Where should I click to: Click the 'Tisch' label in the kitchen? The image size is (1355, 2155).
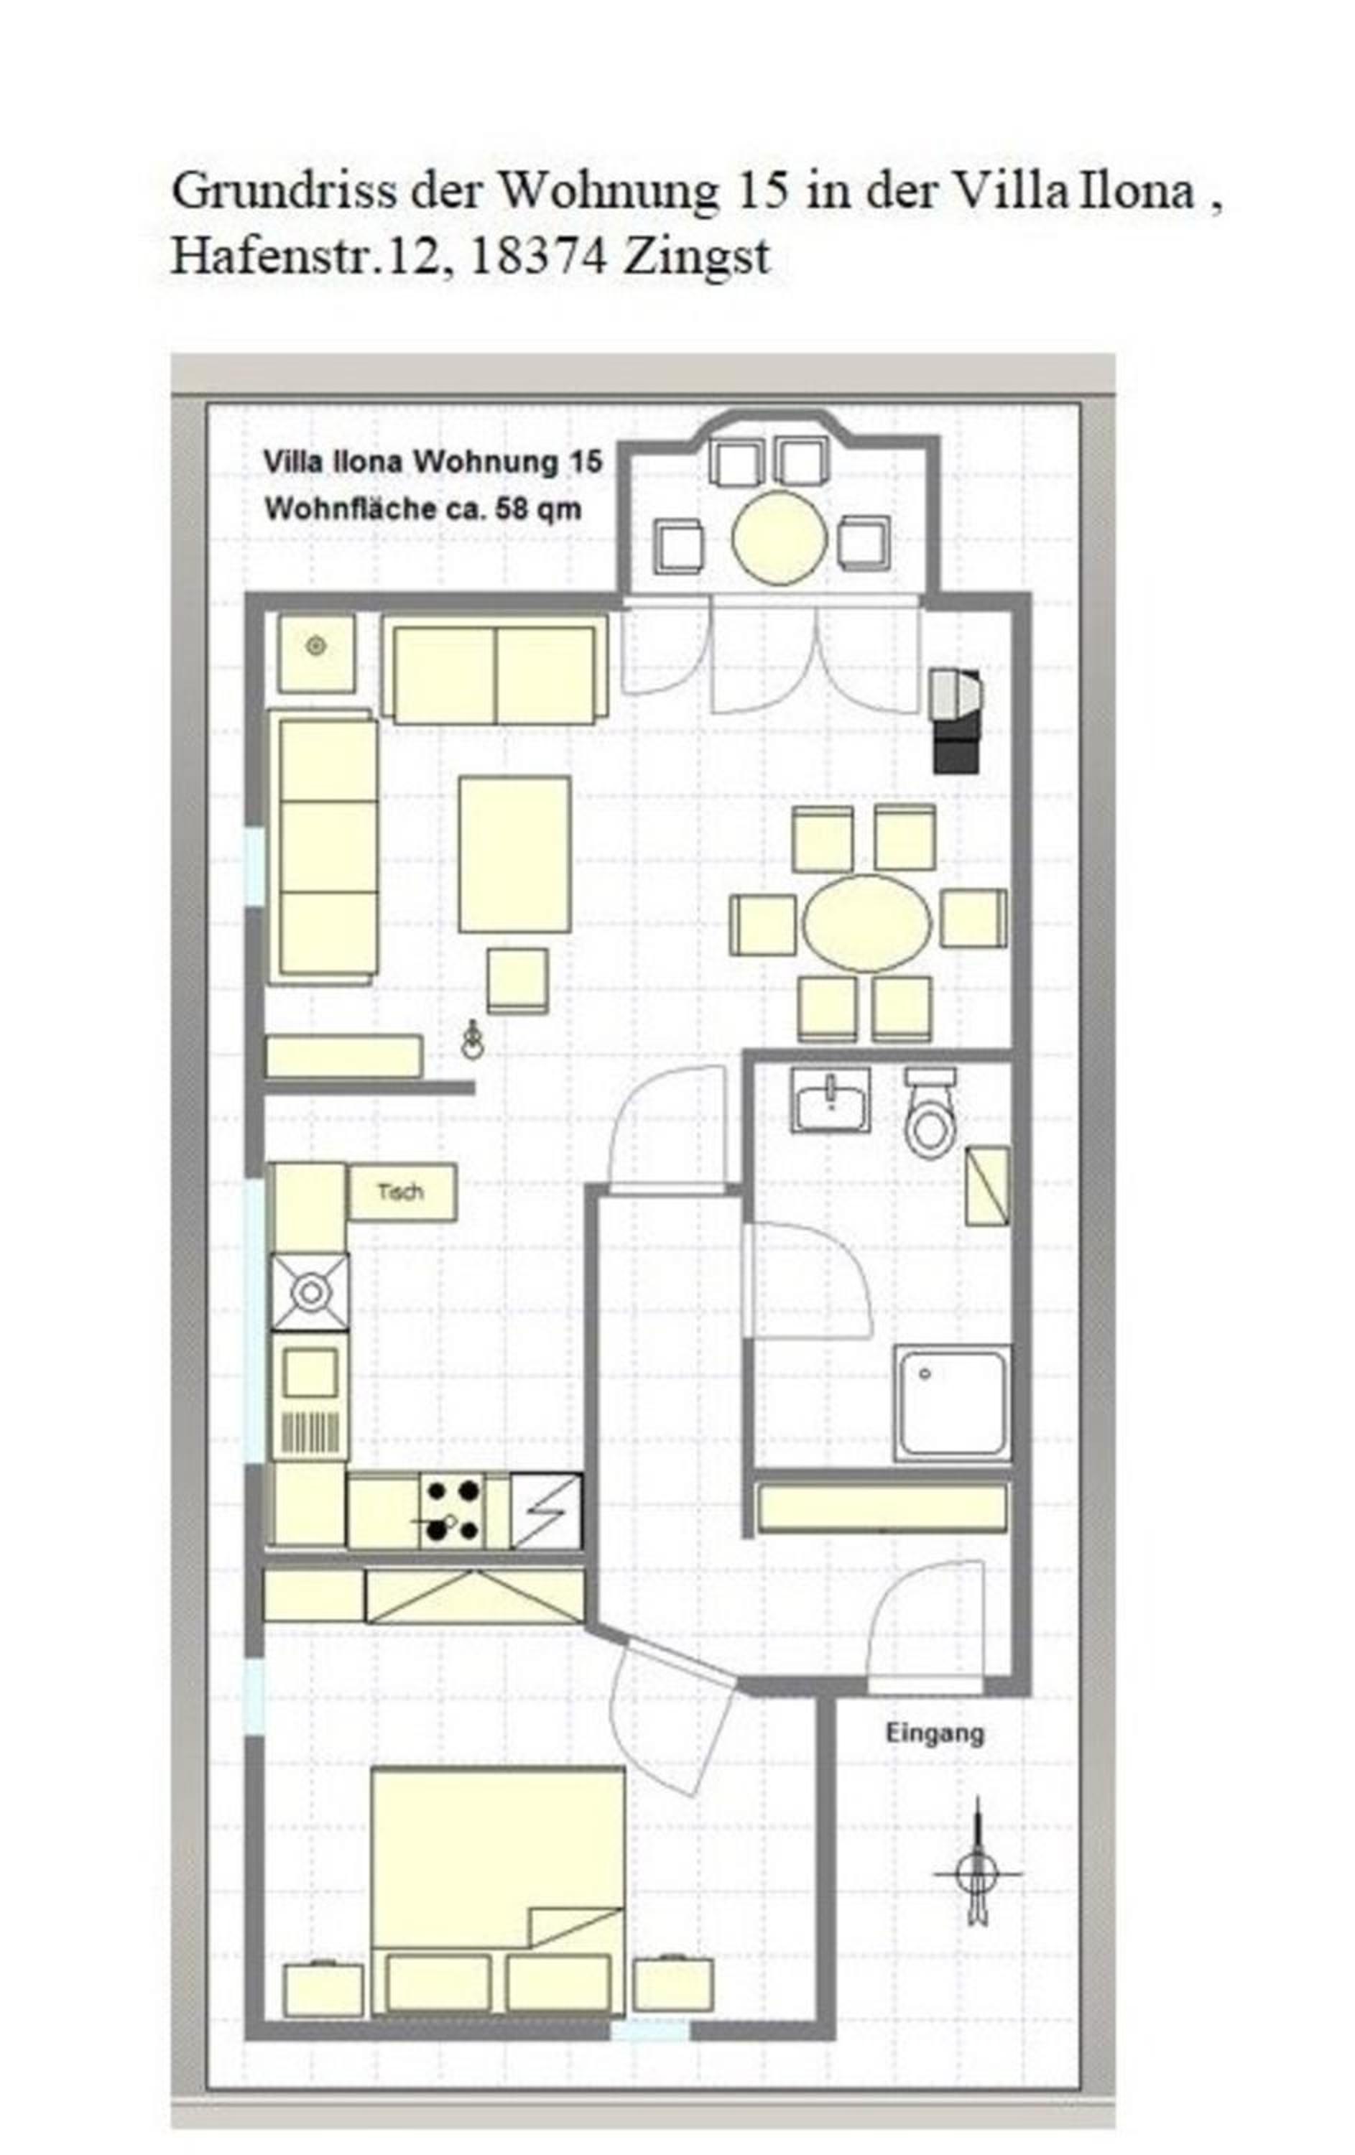click(400, 1193)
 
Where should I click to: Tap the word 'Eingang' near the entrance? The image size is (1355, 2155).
click(935, 1733)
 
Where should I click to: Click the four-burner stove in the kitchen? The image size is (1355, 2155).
click(453, 1511)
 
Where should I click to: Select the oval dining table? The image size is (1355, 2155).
click(867, 922)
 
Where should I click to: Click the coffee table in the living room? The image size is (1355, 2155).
click(514, 855)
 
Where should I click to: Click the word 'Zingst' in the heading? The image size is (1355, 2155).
click(695, 258)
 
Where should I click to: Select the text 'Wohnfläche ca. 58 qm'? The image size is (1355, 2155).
click(422, 509)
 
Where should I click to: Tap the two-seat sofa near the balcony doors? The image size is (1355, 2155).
click(495, 675)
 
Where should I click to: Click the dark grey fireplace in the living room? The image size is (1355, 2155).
click(955, 720)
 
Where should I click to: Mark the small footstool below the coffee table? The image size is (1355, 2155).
click(517, 981)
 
